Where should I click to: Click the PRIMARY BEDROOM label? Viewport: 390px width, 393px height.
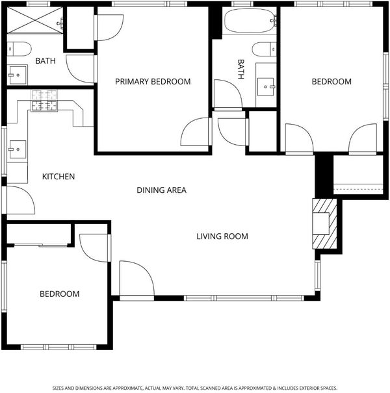coord(153,81)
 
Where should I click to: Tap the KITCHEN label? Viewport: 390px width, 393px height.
coord(58,177)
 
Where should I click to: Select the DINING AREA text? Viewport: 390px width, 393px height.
coord(161,190)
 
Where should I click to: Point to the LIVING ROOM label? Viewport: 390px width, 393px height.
coord(222,236)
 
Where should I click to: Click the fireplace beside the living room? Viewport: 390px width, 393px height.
coord(324,223)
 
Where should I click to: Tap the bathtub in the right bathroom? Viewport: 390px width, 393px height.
coord(248,21)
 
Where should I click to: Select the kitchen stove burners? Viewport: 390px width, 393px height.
coord(44,101)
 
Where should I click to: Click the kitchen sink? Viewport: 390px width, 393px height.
coord(18,149)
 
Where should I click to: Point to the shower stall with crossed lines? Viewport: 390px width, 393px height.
coord(35,20)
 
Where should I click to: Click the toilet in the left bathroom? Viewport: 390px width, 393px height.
coord(19,49)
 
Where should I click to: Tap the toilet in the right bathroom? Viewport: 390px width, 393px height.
coord(264,49)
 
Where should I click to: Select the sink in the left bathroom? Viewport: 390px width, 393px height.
coord(18,75)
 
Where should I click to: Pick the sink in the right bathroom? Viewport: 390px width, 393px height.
coord(266,86)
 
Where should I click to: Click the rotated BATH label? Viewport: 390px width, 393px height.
coord(240,69)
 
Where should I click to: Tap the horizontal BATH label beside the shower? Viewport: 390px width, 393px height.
coord(45,60)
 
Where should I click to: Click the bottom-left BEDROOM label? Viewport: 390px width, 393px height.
coord(60,294)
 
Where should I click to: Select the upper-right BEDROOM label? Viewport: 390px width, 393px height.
coord(331,81)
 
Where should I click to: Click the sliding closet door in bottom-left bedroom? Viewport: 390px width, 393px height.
coord(41,245)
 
